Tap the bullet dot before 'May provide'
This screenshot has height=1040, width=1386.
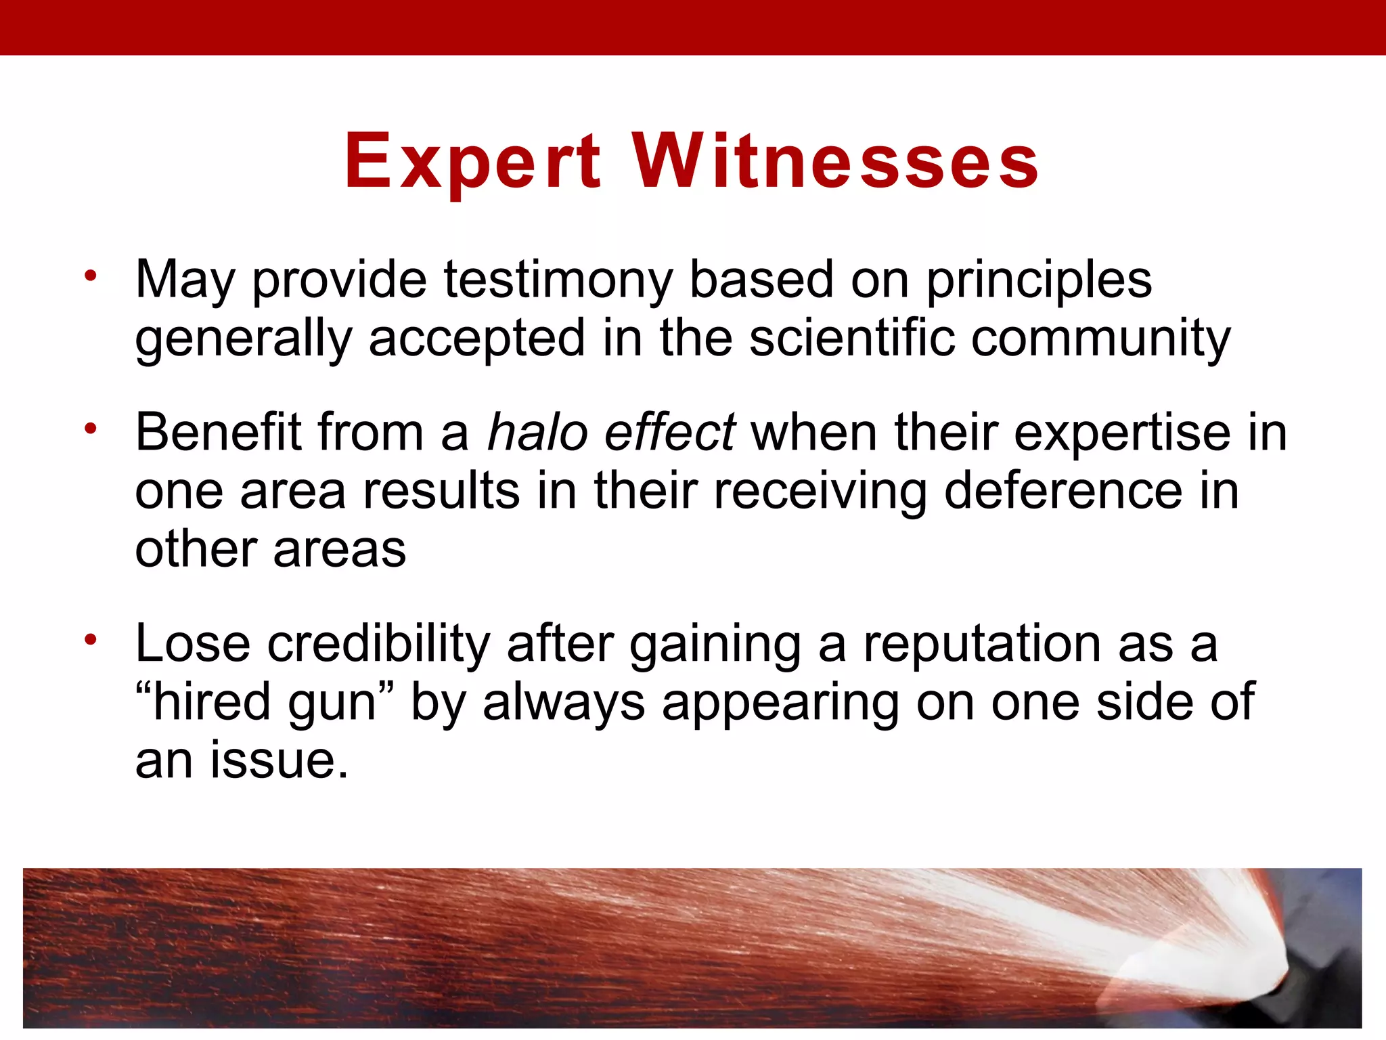pyautogui.click(x=91, y=275)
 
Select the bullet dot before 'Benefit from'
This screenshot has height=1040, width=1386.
pyautogui.click(x=91, y=428)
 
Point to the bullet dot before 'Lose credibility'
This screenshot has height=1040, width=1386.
pyautogui.click(x=91, y=638)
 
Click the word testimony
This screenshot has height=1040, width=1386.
pyautogui.click(x=558, y=279)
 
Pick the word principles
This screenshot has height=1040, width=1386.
pyautogui.click(x=1038, y=280)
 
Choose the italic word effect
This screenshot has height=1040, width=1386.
pyautogui.click(x=669, y=431)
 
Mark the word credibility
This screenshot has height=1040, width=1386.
pyautogui.click(x=378, y=643)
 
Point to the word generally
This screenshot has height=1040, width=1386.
pyautogui.click(x=243, y=339)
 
